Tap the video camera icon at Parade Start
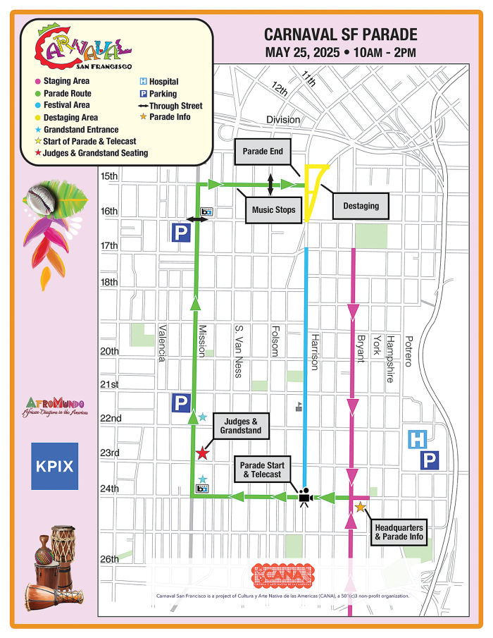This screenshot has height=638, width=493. (305, 497)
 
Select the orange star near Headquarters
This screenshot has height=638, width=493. (361, 507)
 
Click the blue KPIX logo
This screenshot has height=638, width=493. (54, 466)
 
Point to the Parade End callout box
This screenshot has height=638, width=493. (262, 152)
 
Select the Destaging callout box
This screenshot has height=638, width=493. (361, 206)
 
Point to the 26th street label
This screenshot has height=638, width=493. (110, 560)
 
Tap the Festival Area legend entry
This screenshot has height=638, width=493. (66, 105)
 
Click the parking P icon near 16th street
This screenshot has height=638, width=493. (181, 233)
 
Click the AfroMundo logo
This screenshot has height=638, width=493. (54, 407)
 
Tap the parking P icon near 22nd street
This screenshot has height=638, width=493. (181, 403)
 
